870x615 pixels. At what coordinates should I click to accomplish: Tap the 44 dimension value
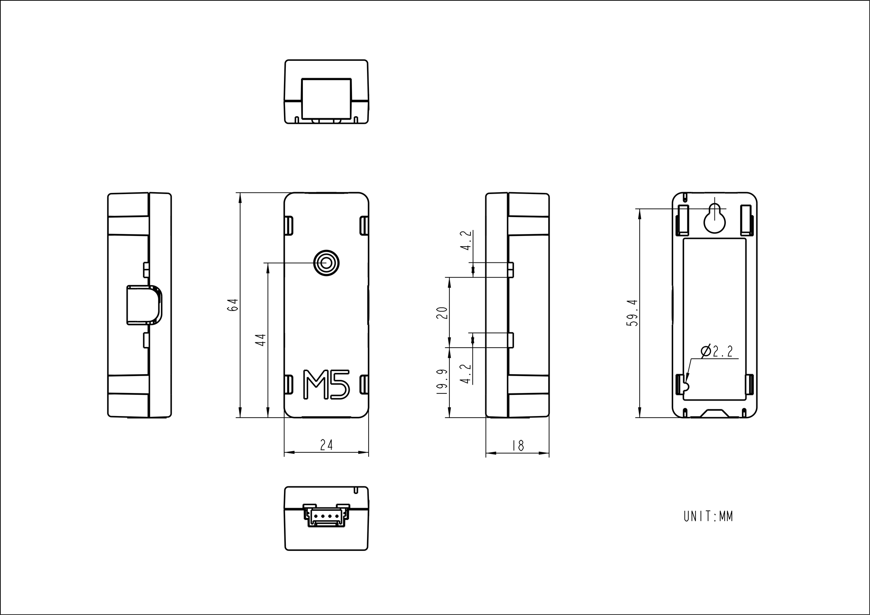pyautogui.click(x=261, y=340)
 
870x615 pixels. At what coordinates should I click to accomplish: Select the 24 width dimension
pyautogui.click(x=326, y=445)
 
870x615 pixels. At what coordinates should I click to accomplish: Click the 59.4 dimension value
pyautogui.click(x=632, y=313)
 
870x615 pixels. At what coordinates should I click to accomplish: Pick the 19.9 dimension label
pyautogui.click(x=442, y=382)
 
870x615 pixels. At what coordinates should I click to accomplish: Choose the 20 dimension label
pyautogui.click(x=442, y=313)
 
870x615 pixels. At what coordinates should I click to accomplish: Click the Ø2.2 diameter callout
pyautogui.click(x=717, y=351)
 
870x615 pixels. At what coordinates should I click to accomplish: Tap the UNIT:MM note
pyautogui.click(x=708, y=516)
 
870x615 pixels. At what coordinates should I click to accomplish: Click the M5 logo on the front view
pyautogui.click(x=326, y=385)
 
